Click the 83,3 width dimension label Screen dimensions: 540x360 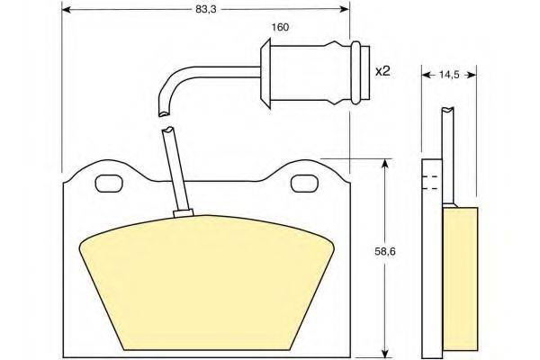pyautogui.click(x=205, y=10)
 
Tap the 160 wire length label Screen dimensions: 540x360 pyautogui.click(x=280, y=27)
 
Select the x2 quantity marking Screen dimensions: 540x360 pyautogui.click(x=382, y=71)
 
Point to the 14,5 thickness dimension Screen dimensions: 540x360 pyautogui.click(x=449, y=75)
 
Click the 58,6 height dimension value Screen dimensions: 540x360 pyautogui.click(x=385, y=252)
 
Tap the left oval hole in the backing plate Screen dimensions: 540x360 pyautogui.click(x=109, y=184)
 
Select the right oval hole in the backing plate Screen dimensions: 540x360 pyautogui.click(x=305, y=184)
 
